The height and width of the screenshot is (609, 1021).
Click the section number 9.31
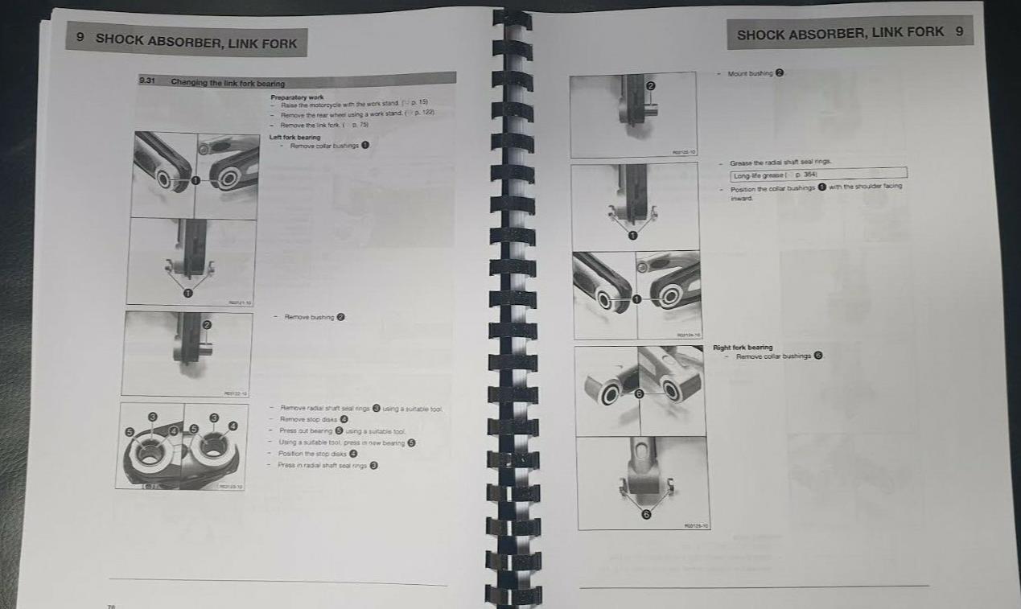pos(146,81)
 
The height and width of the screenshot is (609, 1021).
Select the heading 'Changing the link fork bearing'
pos(228,83)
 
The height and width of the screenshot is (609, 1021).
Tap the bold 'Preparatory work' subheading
pos(297,97)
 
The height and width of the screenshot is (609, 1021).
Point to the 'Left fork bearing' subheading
pos(294,137)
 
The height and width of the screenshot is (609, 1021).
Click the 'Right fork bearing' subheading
pos(743,348)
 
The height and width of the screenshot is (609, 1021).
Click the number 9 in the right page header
pos(959,32)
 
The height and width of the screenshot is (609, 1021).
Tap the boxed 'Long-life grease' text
pos(760,175)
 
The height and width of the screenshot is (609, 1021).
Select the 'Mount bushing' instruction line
pos(750,73)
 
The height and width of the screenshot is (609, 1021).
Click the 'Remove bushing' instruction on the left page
pos(309,317)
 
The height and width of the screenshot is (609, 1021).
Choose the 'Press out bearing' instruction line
pos(306,431)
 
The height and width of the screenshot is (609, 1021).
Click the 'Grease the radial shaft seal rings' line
pos(780,163)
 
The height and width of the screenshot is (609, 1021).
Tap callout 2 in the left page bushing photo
pos(207,325)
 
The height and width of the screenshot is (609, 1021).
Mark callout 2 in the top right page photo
pos(650,85)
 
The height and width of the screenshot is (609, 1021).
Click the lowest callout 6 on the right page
pos(644,515)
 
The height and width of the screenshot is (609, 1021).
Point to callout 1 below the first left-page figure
pos(188,293)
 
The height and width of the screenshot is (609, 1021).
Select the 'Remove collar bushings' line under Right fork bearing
pos(773,356)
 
